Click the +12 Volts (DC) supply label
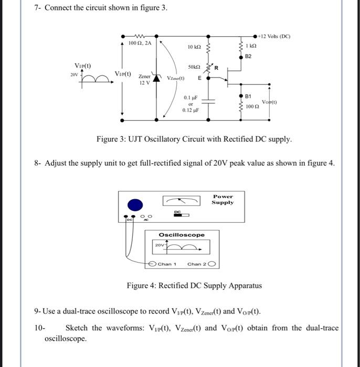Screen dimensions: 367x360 pos(275,36)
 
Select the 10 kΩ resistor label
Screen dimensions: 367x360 pos(194,47)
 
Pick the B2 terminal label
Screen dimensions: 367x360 pos(249,56)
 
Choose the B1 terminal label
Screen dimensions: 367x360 pos(249,96)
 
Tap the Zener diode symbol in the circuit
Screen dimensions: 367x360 pos(156,78)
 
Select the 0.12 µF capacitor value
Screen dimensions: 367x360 pos(190,110)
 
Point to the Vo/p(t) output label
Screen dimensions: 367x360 pos(270,102)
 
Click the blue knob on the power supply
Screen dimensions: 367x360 pos(136,205)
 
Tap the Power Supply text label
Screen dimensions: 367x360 pos(223,199)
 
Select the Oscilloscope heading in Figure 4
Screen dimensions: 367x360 pos(182,234)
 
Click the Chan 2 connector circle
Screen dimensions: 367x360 pos(212,264)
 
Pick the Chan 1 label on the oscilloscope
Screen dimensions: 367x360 pos(167,264)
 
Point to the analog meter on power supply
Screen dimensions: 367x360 pos(182,201)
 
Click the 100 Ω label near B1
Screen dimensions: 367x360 pos(253,106)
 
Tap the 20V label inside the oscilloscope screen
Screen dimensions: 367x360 pos(158,244)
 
